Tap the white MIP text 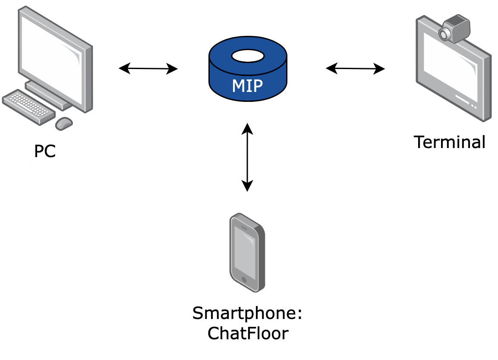click(x=247, y=86)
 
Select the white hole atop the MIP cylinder click(x=248, y=56)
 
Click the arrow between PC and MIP click(x=148, y=69)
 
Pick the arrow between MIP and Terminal click(x=355, y=69)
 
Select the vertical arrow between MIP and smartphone click(x=247, y=158)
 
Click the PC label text click(x=45, y=152)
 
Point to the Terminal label click(x=450, y=142)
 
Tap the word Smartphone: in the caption click(x=247, y=313)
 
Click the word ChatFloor click(x=247, y=334)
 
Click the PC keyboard click(x=28, y=106)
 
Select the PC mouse click(x=64, y=123)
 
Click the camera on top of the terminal click(x=455, y=29)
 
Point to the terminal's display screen click(x=451, y=69)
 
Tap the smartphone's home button click(x=245, y=280)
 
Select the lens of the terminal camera click(x=444, y=35)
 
